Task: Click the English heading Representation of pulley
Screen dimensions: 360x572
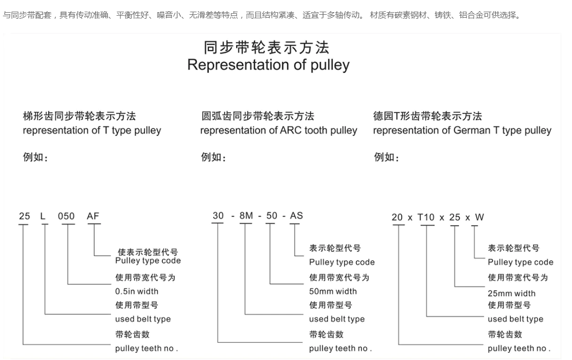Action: point(269,65)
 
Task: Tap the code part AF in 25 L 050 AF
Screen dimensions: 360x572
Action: point(93,216)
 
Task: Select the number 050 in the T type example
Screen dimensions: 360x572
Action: point(66,217)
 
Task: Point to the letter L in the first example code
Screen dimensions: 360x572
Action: point(43,217)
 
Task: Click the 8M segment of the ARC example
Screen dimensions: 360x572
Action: point(246,216)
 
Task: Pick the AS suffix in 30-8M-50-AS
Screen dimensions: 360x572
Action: point(296,215)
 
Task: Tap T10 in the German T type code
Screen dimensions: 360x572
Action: point(426,218)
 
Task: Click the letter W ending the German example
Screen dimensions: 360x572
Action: point(480,218)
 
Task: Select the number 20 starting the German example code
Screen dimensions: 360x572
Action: point(397,218)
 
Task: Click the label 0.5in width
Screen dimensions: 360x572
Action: point(137,291)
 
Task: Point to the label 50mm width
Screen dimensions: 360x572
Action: point(333,291)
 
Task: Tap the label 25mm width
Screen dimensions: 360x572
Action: point(511,293)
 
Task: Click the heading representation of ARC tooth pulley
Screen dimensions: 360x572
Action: point(279,130)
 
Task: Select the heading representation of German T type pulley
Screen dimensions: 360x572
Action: point(462,130)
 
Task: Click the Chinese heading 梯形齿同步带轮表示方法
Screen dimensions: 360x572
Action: point(80,116)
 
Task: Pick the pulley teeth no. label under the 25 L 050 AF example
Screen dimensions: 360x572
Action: point(146,348)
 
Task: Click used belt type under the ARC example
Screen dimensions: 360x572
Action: point(337,319)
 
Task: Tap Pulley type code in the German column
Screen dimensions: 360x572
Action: point(520,262)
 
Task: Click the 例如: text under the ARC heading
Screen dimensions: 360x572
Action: point(213,157)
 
